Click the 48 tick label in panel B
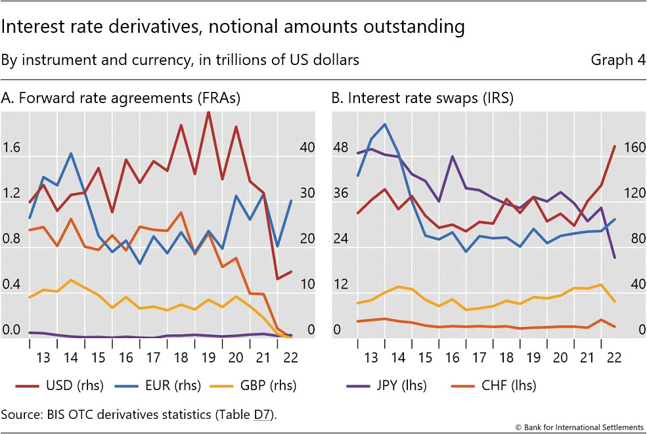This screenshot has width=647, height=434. point(340,148)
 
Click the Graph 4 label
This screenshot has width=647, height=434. point(617,60)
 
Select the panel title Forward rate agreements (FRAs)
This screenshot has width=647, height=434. point(121,98)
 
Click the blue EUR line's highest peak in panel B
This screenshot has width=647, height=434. point(384,124)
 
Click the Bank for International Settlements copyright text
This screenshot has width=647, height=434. point(579,427)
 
